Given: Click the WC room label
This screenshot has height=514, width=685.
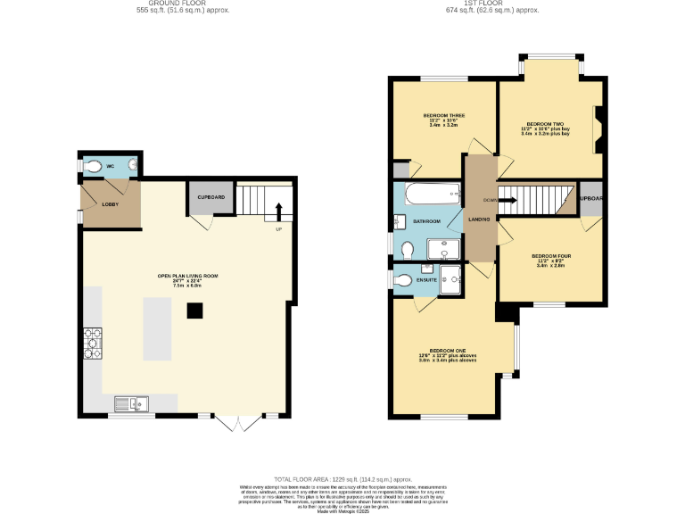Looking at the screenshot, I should click(111, 167).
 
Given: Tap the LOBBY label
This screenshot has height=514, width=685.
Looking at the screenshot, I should click(110, 204).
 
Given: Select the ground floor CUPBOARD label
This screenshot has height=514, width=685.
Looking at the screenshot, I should click(211, 196).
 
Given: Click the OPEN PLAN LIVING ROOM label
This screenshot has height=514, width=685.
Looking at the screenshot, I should click(187, 276).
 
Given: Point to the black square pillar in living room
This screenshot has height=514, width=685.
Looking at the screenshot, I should click(194, 311).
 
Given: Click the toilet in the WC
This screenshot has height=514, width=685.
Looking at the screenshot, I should click(94, 167).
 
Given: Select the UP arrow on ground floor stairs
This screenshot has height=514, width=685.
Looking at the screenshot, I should click(278, 211).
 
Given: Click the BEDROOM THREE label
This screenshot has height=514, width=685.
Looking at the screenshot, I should click(443, 116).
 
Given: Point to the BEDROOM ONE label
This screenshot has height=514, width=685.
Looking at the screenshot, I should click(448, 350).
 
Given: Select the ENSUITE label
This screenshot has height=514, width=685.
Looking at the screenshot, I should click(426, 280).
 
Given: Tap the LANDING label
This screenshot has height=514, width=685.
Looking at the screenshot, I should click(480, 219).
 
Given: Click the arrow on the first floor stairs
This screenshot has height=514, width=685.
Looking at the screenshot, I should click(506, 200).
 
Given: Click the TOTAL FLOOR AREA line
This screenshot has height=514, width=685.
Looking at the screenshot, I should click(342, 479).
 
